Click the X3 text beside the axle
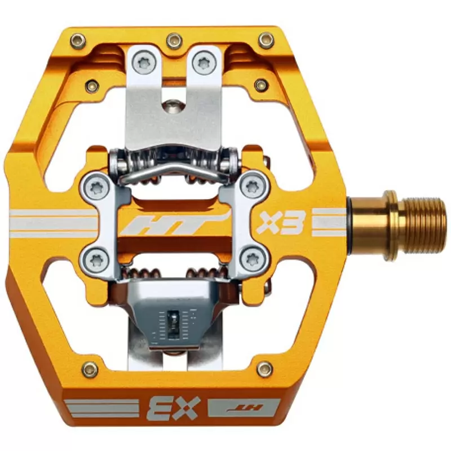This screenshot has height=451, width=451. click(280, 222)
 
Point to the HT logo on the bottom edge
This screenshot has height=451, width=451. click(244, 408)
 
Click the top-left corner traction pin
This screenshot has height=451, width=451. click(78, 40)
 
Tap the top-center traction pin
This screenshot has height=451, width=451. click(174, 40)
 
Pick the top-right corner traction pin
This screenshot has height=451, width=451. click(266, 40)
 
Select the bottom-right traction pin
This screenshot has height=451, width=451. click(264, 369)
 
